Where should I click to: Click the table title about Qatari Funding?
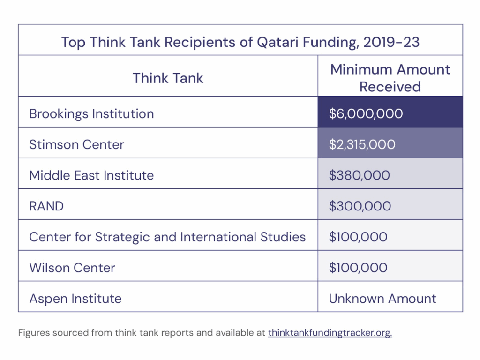pos(240,42)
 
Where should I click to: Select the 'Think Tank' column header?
pos(168,78)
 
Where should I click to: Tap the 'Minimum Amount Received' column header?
pos(390,78)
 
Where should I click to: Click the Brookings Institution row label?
pos(91,114)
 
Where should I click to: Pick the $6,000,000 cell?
pos(366,114)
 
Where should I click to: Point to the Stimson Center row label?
pos(76,144)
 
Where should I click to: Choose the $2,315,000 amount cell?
pos(362,144)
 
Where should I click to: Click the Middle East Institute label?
pos(91,175)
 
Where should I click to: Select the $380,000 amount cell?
pos(359,175)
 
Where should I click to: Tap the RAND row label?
pos(46,206)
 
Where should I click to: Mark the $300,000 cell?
pos(360,206)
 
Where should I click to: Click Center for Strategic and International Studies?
pos(167,237)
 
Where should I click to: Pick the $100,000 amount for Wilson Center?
pos(358,268)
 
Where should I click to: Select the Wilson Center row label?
pos(72,268)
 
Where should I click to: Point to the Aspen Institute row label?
pos(75,299)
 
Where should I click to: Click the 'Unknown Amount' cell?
pos(382,299)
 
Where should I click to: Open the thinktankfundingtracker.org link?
pos(330,333)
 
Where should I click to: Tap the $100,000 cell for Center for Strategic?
pos(358,237)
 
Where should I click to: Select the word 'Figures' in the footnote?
pos(32,333)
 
